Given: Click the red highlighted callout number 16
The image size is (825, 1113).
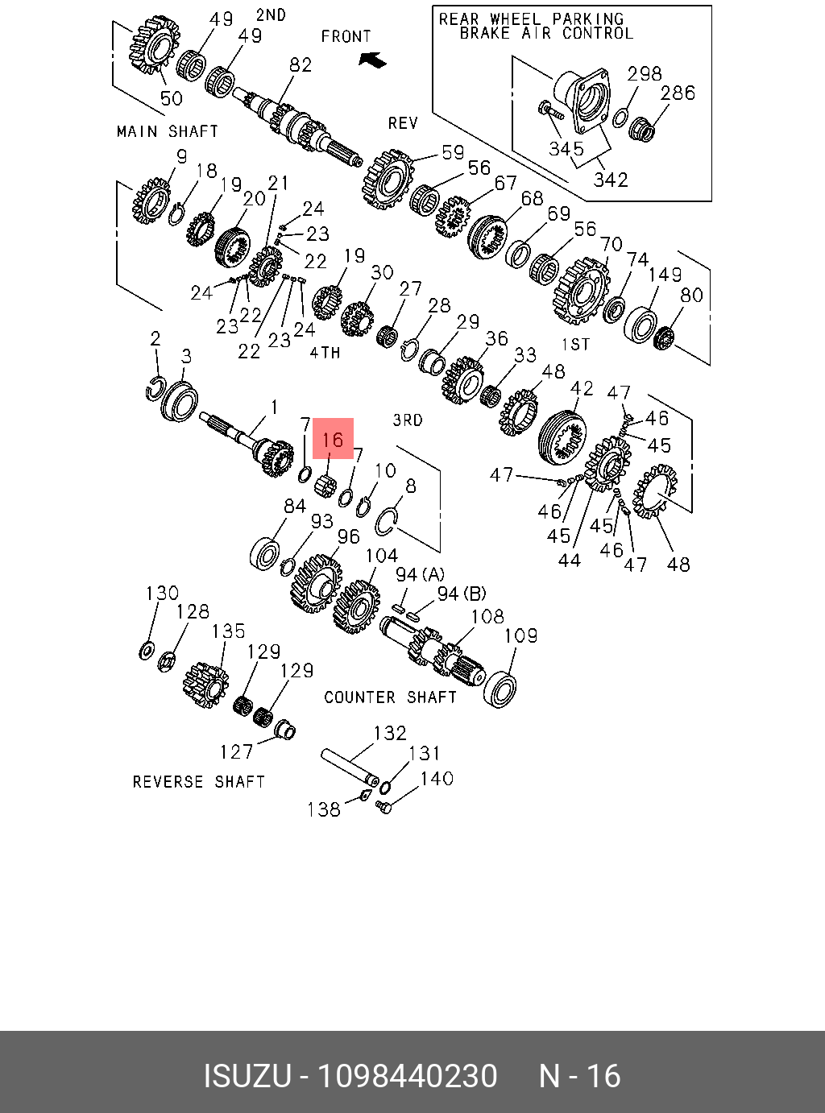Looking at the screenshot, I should (x=333, y=439).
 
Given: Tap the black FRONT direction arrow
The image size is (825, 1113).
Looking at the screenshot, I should (x=372, y=60).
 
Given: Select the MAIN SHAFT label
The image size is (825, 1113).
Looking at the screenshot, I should (x=167, y=131).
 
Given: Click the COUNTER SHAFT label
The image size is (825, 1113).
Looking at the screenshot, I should (x=390, y=697).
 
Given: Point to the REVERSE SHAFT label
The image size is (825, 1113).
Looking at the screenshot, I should (x=198, y=781).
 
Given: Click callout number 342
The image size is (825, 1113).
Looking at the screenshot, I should (x=610, y=180).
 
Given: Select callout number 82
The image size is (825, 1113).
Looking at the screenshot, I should (x=301, y=64).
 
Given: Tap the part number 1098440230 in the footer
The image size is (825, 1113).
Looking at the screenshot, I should (x=408, y=1076).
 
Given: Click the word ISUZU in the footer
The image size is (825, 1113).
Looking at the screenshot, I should (x=247, y=1076).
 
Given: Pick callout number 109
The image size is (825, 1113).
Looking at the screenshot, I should (x=520, y=635).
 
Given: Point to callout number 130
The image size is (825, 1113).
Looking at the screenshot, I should (x=162, y=593).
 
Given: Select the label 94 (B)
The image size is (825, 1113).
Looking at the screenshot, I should (x=462, y=594).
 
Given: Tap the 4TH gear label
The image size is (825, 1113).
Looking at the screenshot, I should (x=325, y=352).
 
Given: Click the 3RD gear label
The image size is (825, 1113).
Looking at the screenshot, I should (x=408, y=420).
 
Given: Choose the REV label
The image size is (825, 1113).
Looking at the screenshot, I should (x=403, y=122).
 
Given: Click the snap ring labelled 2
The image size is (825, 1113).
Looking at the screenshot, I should (x=155, y=387).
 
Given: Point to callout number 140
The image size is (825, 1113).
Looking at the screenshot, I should (x=437, y=778).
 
